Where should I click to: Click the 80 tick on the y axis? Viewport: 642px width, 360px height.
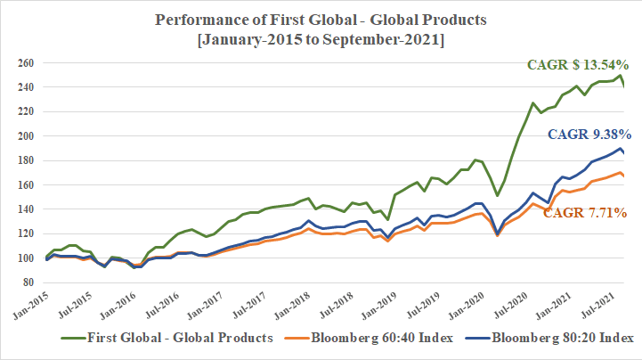coord(28,282)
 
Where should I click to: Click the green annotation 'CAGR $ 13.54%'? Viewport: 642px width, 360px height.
coord(577,65)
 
